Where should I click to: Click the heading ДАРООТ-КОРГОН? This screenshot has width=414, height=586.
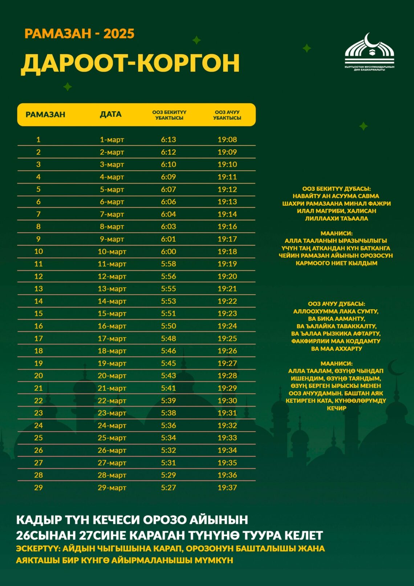130,63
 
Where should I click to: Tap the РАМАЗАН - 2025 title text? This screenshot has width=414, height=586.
80,34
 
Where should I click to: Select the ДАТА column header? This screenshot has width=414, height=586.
111,114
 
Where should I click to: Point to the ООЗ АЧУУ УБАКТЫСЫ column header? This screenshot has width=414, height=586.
227,115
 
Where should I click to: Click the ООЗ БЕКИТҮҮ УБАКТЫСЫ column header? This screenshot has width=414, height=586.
169,115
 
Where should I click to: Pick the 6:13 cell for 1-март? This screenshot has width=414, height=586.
169,140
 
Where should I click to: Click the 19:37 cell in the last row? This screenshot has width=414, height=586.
227,488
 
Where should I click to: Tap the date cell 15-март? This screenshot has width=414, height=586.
112,313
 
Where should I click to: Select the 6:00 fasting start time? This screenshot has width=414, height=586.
169,252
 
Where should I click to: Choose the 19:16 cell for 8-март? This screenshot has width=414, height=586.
227,226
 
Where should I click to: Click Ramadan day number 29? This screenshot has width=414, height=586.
38,488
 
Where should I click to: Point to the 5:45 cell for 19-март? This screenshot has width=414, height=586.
169,363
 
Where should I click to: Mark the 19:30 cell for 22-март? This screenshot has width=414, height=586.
227,401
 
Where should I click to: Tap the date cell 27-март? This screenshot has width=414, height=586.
112,463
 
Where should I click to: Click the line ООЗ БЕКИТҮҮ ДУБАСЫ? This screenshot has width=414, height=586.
336,189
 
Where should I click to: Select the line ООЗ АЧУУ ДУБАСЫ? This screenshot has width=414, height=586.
336,304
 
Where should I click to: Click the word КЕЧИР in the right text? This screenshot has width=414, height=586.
336,408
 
